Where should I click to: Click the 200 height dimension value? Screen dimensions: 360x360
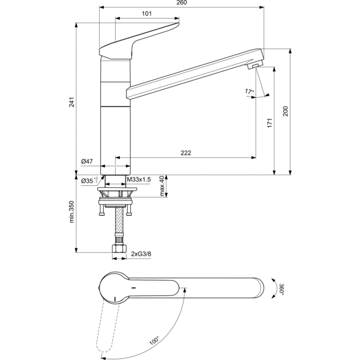click(x=286, y=112)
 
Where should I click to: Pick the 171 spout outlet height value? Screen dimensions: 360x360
click(x=270, y=123)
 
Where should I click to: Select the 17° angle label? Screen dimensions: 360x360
click(x=249, y=92)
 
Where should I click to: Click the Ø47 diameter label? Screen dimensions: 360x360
click(x=86, y=161)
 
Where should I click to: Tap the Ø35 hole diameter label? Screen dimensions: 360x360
click(x=89, y=179)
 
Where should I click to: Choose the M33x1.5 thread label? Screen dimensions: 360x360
click(x=139, y=179)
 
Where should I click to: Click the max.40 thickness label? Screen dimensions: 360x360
click(x=162, y=186)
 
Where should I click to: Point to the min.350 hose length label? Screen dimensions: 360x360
click(x=73, y=212)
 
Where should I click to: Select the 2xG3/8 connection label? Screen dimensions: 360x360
click(x=142, y=254)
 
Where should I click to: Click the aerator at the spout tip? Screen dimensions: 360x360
click(x=256, y=65)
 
